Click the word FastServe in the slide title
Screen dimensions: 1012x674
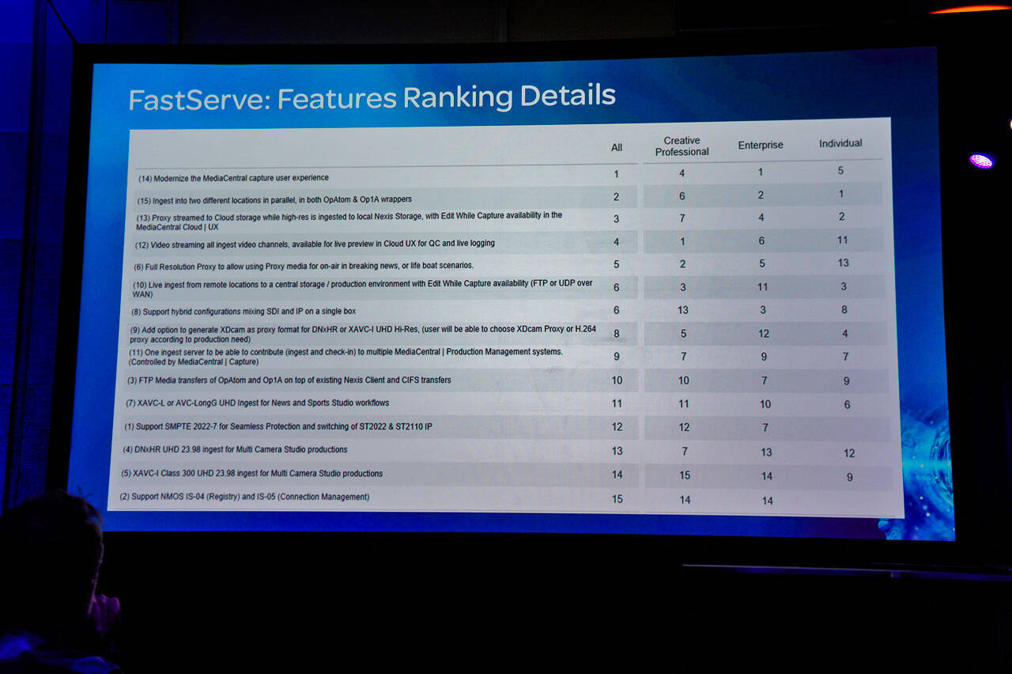(x=199, y=99)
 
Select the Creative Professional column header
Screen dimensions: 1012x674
(x=682, y=146)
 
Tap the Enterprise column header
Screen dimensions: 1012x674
(x=761, y=145)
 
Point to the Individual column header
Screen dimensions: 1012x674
(x=840, y=143)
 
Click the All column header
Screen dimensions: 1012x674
(x=616, y=147)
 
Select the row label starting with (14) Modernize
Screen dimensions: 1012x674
(x=233, y=178)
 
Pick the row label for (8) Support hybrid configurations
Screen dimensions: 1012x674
(x=244, y=312)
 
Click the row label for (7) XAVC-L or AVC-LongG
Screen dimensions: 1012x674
(x=257, y=403)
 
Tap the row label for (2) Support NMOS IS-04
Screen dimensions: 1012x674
(x=244, y=497)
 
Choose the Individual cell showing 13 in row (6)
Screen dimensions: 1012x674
(x=843, y=263)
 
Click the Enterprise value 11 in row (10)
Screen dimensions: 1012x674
(x=762, y=286)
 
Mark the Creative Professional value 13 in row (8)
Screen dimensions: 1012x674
(x=682, y=310)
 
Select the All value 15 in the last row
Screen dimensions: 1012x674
(x=617, y=499)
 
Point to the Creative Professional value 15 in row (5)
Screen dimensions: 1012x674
(x=685, y=475)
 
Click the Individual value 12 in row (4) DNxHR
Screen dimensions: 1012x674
(x=849, y=453)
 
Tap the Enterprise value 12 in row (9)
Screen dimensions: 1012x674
(x=764, y=334)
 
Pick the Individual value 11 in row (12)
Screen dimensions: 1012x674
(x=842, y=240)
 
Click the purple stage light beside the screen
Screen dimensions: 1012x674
(x=981, y=161)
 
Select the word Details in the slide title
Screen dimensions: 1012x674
(x=568, y=95)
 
